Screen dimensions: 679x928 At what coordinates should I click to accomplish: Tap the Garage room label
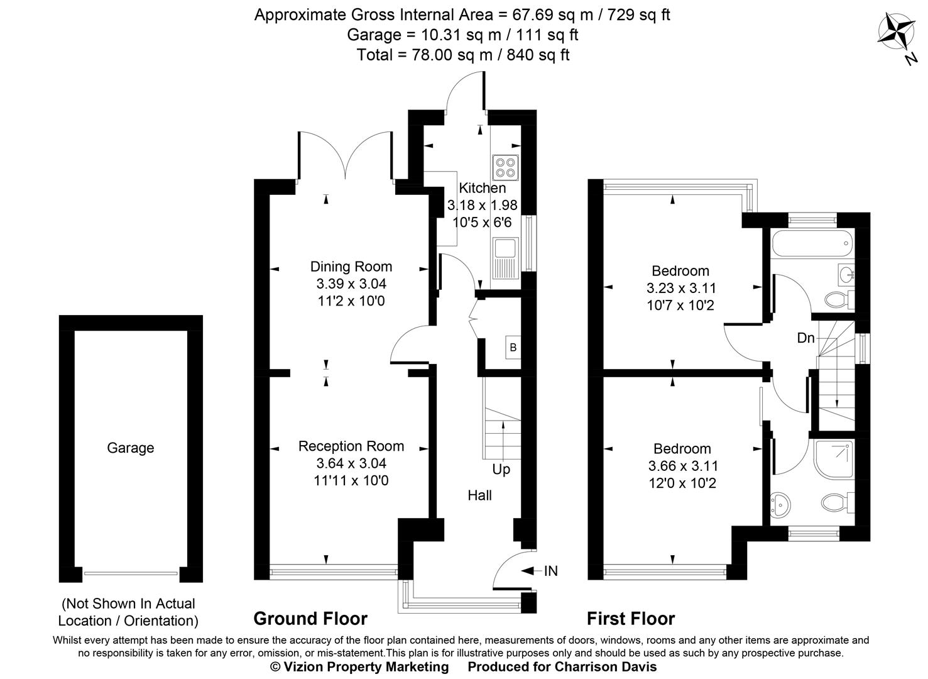click(130, 448)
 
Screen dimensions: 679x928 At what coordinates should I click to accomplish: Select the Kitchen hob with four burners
click(506, 167)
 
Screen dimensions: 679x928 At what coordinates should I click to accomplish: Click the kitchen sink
click(505, 258)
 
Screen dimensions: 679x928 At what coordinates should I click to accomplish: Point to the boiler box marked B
click(513, 348)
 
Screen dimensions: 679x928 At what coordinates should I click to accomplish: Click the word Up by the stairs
click(501, 470)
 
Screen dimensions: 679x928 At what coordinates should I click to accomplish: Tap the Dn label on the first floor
click(805, 338)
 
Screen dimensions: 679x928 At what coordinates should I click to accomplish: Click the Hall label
click(479, 495)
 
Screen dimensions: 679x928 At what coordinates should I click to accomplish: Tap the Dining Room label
click(351, 267)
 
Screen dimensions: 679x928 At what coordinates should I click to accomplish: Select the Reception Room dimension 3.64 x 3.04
click(351, 464)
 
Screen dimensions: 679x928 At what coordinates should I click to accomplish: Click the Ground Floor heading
click(310, 619)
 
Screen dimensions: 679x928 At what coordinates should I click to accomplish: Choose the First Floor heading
click(630, 619)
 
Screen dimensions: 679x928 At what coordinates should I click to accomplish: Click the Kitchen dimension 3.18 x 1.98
click(482, 205)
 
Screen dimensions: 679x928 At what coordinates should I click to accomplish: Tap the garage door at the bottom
click(131, 573)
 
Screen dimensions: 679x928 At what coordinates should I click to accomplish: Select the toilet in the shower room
click(835, 502)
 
